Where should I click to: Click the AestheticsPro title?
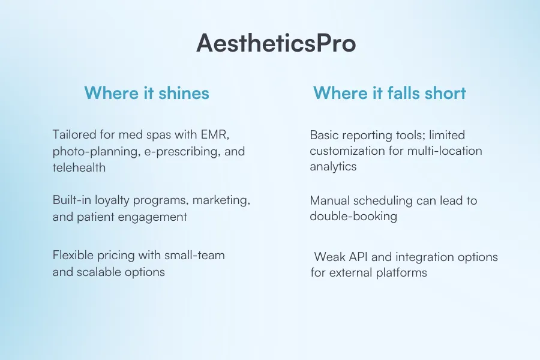(x=276, y=44)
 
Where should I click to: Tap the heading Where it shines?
(x=146, y=93)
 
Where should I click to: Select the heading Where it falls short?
(x=389, y=93)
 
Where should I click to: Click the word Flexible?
(x=74, y=255)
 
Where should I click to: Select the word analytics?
(x=333, y=167)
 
